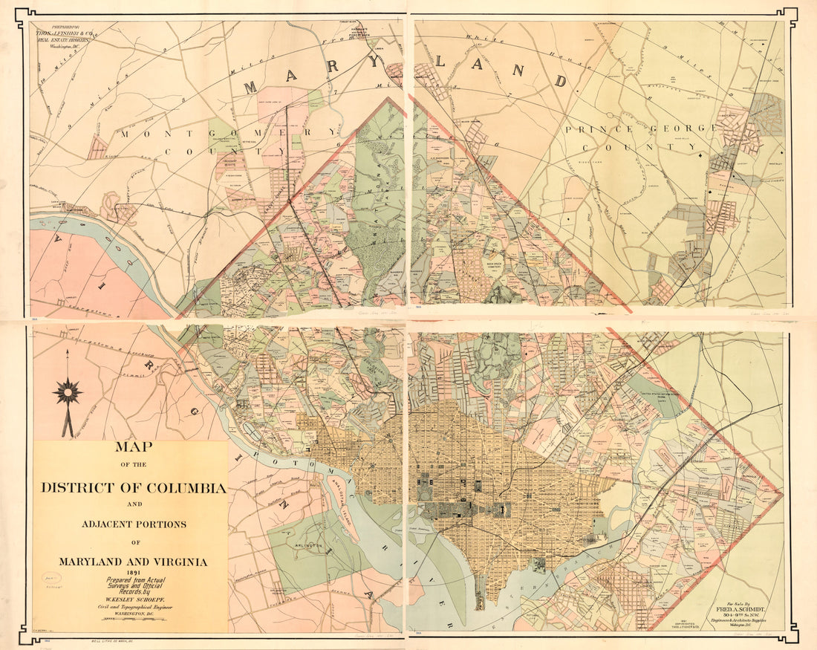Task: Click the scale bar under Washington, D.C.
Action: coord(134,619)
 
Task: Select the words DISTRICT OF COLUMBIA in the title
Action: coord(134,488)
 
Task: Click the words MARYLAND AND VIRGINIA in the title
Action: coord(134,561)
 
